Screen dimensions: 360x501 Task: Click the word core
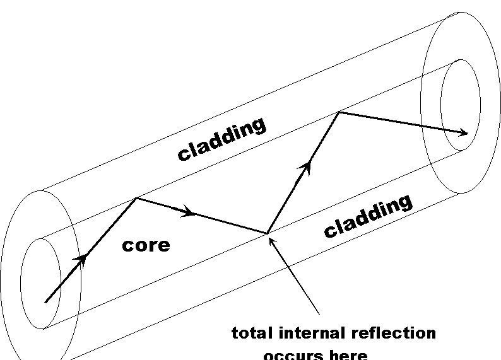click(x=146, y=245)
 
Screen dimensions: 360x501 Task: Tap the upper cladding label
click(x=221, y=139)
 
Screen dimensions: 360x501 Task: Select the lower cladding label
click(x=368, y=216)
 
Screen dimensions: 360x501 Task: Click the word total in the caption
click(x=252, y=333)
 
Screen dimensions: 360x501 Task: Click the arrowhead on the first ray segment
click(x=82, y=258)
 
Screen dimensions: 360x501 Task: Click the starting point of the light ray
click(x=45, y=302)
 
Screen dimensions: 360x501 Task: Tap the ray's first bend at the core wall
click(x=136, y=199)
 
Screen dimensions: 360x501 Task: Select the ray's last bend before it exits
click(x=339, y=112)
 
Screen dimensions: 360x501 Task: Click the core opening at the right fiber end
click(x=461, y=104)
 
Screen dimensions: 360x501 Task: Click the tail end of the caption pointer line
click(x=319, y=313)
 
